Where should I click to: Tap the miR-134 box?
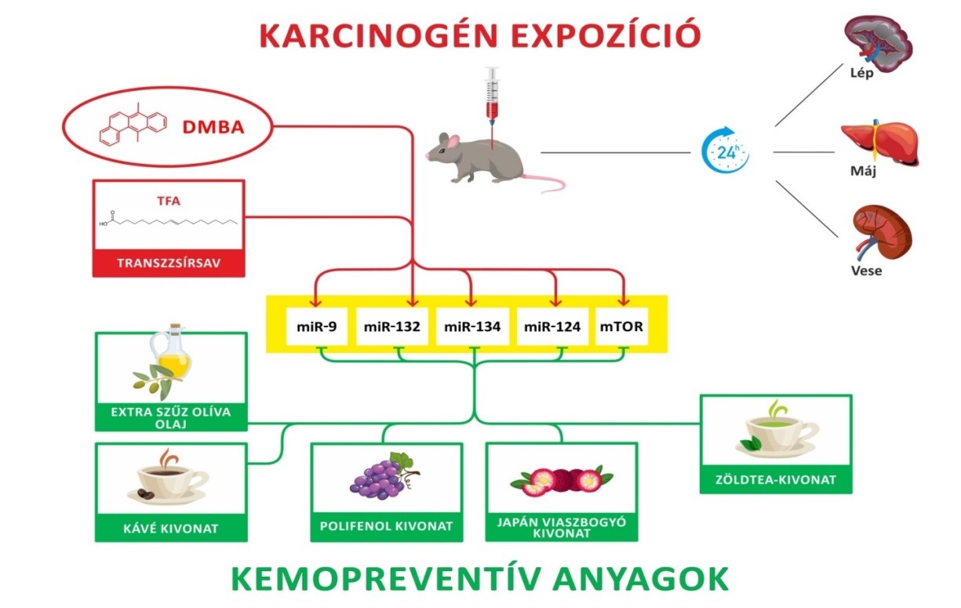470,326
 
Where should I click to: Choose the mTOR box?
622,326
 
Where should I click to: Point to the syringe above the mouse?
492,98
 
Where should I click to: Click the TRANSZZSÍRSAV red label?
169,264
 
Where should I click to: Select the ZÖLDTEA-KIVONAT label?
775,479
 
